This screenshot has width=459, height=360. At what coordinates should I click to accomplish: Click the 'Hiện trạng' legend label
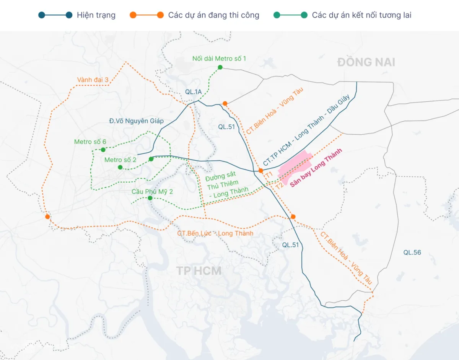click(96, 15)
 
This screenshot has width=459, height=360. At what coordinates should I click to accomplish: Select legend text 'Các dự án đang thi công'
click(213, 15)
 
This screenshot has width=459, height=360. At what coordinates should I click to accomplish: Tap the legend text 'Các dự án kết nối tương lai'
click(361, 15)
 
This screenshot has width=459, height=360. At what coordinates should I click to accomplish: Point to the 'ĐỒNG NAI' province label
click(366, 62)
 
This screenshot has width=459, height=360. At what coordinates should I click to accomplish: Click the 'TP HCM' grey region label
click(199, 271)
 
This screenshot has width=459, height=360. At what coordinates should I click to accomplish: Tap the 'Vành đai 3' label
click(93, 80)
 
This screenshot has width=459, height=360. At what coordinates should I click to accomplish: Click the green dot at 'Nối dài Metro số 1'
click(220, 67)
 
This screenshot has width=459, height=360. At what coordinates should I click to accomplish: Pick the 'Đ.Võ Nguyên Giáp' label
click(136, 121)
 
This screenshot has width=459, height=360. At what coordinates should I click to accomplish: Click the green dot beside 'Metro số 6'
click(103, 150)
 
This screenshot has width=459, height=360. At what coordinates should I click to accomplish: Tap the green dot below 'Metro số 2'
click(120, 167)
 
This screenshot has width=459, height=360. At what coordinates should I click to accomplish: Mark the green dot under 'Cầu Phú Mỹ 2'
click(150, 198)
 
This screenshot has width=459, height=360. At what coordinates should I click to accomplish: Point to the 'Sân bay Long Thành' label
click(316, 168)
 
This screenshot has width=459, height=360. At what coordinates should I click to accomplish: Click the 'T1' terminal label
click(269, 174)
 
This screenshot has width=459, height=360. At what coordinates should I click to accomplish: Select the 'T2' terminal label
click(280, 186)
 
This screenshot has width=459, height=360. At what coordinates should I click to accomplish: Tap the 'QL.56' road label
click(412, 252)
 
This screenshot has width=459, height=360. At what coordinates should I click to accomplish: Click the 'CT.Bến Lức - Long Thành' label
click(215, 233)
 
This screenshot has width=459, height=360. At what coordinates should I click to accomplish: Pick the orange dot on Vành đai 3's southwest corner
click(47, 217)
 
